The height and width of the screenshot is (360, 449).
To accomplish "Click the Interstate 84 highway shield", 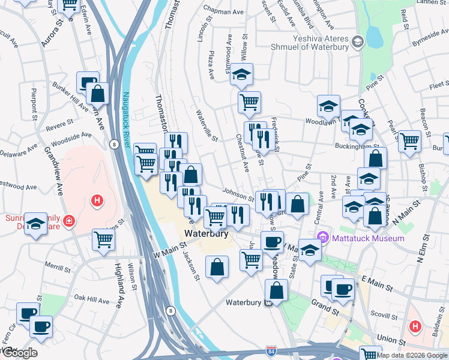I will tap(271, 349).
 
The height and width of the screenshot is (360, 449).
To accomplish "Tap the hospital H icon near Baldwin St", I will tap(415, 327).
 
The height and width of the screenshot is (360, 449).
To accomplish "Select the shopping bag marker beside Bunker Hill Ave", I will tap(97, 94).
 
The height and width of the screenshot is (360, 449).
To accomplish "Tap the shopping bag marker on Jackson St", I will tap(217, 267).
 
